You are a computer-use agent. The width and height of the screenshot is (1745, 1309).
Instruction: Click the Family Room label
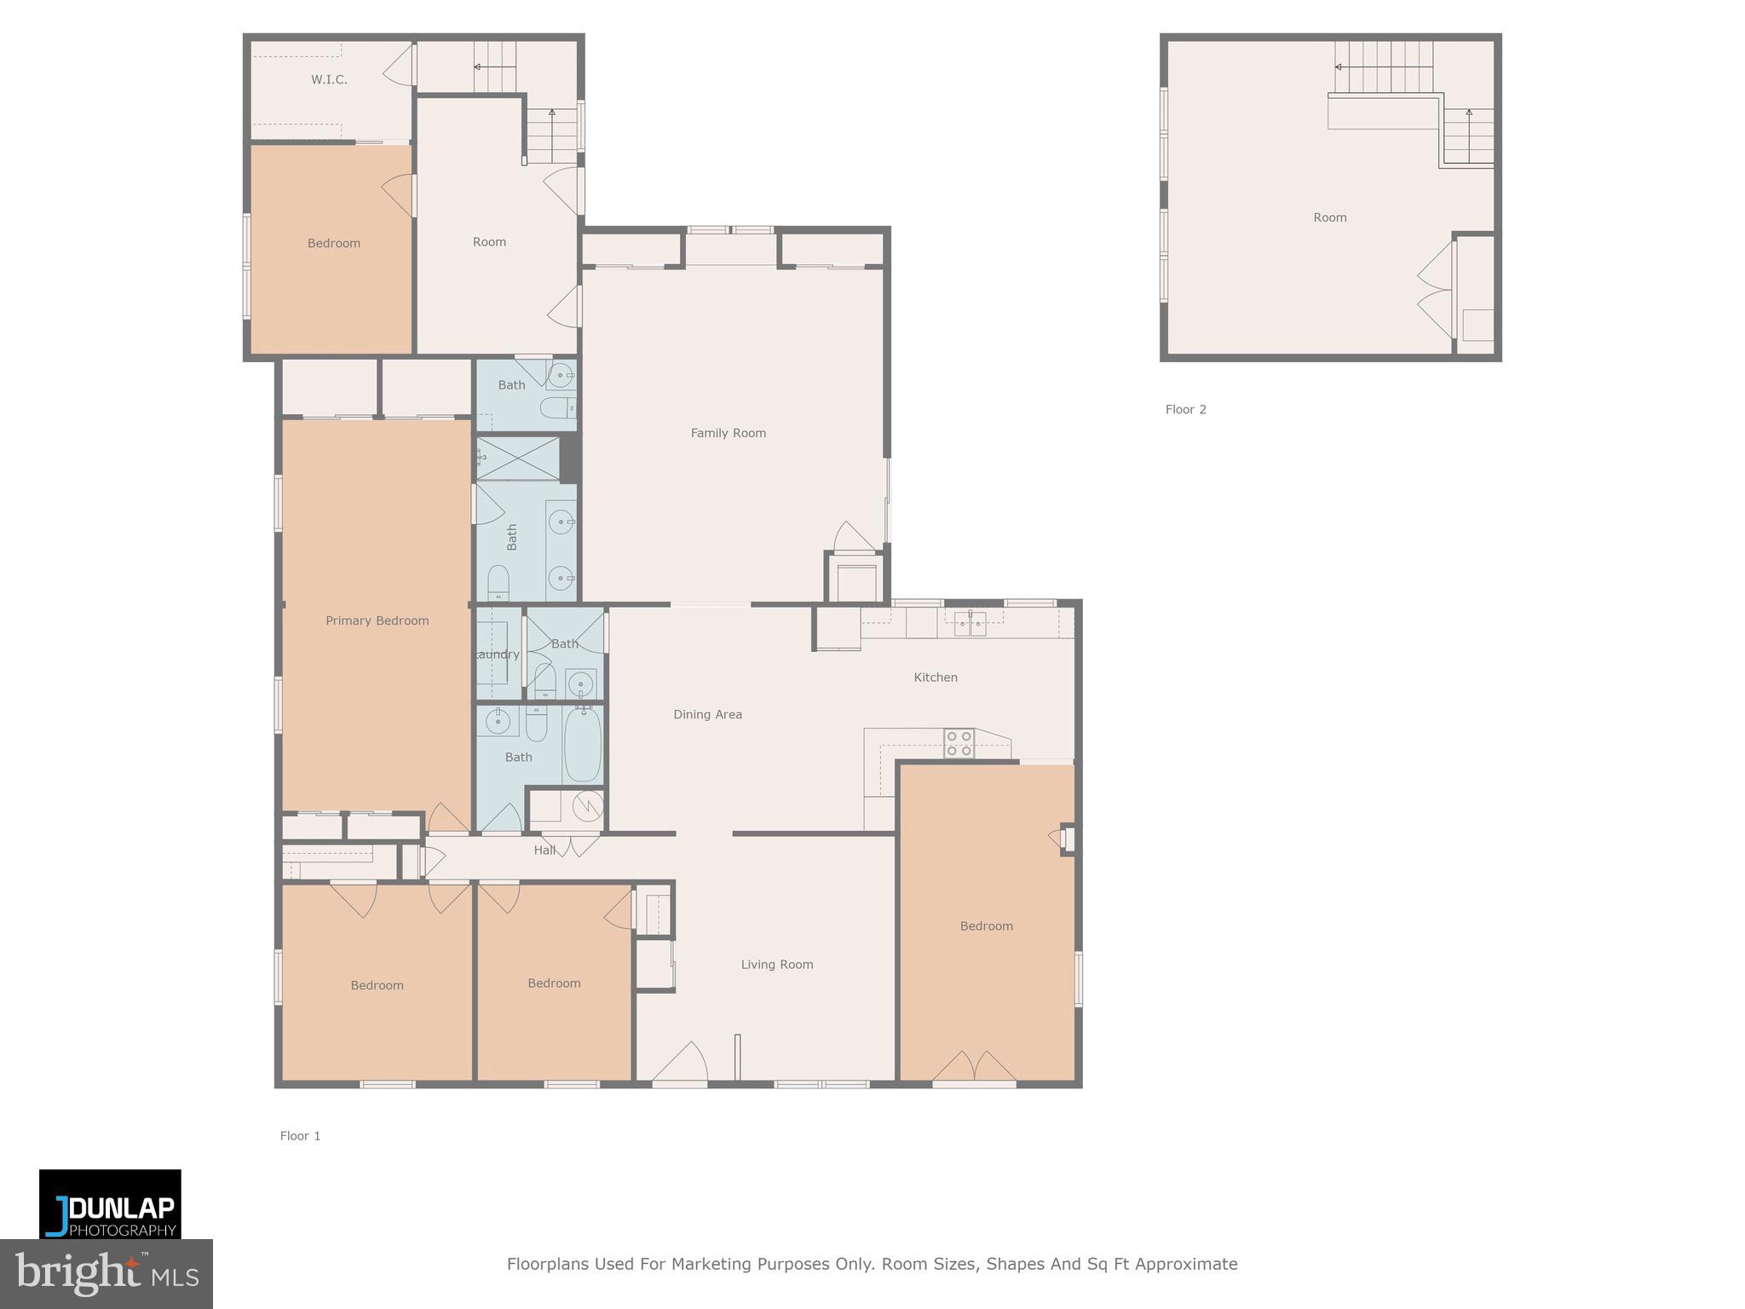coord(728,433)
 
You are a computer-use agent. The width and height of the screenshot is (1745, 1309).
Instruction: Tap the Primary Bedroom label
coord(377,620)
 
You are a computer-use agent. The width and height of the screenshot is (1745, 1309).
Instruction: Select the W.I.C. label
coord(329,79)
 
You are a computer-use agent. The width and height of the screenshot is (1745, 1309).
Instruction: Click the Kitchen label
coord(936,678)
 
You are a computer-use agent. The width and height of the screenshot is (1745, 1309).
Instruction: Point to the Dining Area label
coord(707,714)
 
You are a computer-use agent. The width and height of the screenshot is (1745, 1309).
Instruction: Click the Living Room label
coord(776,965)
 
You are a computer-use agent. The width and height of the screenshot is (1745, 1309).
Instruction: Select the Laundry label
coord(497,654)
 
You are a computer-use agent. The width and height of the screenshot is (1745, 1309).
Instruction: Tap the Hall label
coord(544,850)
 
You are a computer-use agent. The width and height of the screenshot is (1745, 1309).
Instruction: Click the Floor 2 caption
coord(1185,409)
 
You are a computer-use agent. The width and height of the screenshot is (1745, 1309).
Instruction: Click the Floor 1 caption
coord(300,1136)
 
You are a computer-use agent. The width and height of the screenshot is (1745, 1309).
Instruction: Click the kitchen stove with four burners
coord(959,743)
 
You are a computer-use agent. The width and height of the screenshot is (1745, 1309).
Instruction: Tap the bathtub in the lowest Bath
coord(582,744)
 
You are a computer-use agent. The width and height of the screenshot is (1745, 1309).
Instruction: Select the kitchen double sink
coord(970,623)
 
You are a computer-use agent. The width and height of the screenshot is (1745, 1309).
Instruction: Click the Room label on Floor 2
coord(1329,217)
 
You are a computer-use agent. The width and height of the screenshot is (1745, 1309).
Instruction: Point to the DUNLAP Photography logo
coord(110,1204)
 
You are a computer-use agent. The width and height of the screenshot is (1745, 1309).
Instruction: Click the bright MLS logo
coord(106,1273)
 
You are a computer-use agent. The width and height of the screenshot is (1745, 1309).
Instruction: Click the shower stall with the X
coord(517,458)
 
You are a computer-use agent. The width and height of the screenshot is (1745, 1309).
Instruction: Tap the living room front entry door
coord(680,1064)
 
